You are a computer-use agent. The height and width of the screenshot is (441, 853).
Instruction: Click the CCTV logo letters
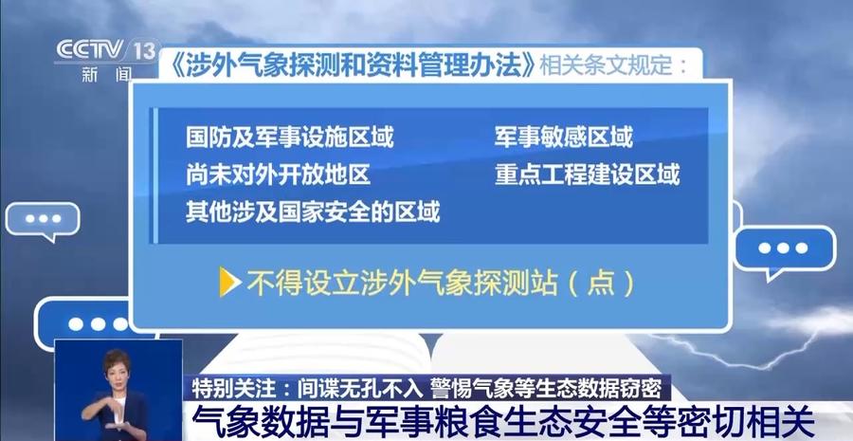90,50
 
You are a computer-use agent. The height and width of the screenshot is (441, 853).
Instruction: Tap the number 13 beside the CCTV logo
144,50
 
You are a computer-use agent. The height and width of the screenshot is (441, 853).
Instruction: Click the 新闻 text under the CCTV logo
106,75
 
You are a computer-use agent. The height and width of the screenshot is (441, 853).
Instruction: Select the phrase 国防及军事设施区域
289,138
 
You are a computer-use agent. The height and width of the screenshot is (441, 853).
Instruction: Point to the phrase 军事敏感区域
563,138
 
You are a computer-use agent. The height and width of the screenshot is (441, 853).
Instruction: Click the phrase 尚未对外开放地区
278,175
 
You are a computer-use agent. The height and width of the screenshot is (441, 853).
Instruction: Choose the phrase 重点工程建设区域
587,175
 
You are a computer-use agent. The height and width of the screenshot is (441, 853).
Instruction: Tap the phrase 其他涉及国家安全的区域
312,211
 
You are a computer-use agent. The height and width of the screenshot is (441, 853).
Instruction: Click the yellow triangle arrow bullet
230,282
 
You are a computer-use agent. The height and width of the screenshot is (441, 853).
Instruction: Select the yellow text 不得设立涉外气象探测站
403,283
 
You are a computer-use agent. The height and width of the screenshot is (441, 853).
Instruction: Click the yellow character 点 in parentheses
601,283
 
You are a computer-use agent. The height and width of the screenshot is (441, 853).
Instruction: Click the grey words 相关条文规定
605,66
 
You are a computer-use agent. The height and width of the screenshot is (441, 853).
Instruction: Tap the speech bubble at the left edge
43,220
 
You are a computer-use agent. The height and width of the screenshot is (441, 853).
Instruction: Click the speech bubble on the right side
784,250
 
